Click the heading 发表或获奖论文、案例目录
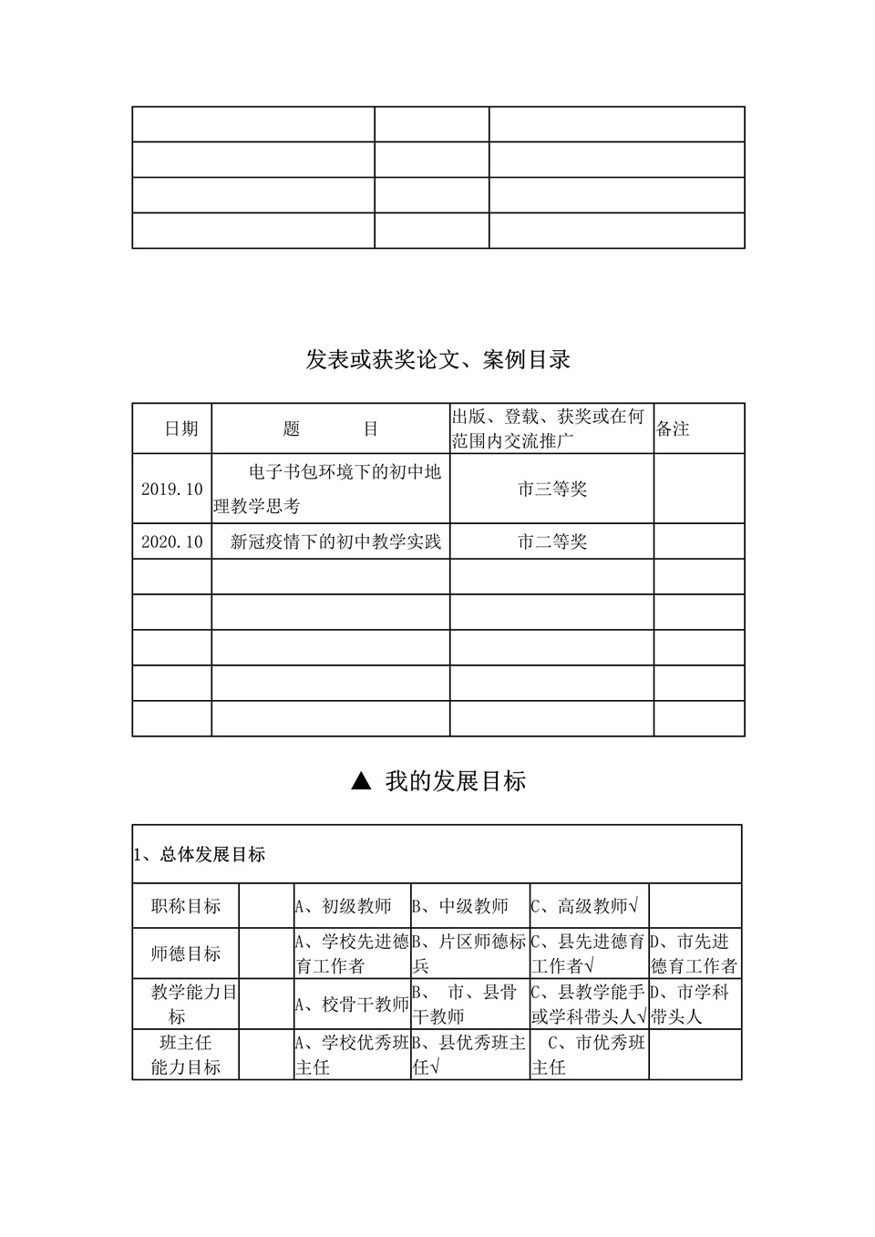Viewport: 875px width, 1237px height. click(437, 360)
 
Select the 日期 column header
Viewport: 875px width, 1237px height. click(180, 428)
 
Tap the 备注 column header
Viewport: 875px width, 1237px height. click(673, 428)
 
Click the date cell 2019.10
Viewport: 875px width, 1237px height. click(171, 489)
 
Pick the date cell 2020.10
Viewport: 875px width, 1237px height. click(171, 541)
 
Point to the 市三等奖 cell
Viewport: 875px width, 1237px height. click(551, 489)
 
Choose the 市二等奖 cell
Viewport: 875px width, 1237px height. click(551, 541)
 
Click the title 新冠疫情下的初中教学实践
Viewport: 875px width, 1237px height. click(335, 541)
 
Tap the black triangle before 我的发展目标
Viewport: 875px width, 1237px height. click(361, 781)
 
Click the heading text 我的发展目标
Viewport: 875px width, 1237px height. click(455, 781)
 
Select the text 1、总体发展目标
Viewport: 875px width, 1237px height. click(200, 854)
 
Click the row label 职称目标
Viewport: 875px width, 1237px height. click(186, 906)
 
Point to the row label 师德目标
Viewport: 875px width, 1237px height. click(186, 954)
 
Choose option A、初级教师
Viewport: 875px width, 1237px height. click(343, 906)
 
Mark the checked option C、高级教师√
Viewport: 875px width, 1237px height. click(584, 906)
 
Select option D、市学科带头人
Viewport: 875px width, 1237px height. click(690, 1004)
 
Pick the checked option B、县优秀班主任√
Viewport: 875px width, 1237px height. click(469, 1055)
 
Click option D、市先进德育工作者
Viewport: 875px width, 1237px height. click(694, 954)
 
